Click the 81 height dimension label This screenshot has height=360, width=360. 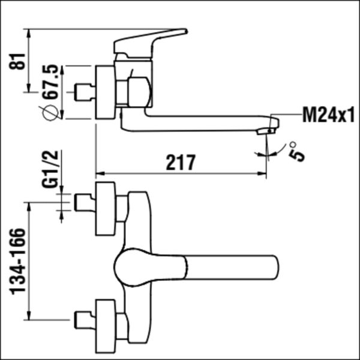point(17,61)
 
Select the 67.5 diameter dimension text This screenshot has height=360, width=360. point(51,82)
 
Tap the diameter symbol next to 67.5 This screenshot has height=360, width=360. point(50,113)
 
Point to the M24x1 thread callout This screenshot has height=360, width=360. point(328,115)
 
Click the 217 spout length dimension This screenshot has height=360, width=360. point(181,163)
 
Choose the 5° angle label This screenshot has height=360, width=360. point(296,152)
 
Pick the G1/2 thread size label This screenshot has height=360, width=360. point(50,169)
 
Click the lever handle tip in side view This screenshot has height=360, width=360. point(185,31)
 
